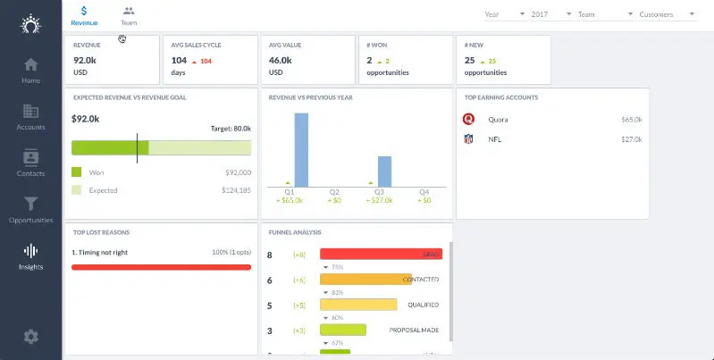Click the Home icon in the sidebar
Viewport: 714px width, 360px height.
point(30,64)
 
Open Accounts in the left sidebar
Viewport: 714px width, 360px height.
point(30,111)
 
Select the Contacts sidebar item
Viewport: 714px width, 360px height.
point(30,157)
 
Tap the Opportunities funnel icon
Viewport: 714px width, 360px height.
point(30,204)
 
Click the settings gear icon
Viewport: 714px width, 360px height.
point(30,336)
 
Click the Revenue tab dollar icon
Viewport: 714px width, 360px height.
point(84,11)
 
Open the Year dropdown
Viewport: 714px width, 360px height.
point(504,14)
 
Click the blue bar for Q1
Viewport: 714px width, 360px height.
point(301,149)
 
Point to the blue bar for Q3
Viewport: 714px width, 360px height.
point(384,171)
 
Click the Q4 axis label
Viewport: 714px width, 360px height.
point(424,191)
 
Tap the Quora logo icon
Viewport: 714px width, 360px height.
point(468,118)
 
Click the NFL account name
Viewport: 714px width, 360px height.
point(494,139)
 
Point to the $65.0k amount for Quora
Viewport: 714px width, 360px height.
point(632,118)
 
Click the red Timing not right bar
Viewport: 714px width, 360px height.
point(161,266)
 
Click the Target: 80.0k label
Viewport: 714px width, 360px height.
point(231,128)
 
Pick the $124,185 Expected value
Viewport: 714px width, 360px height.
point(236,189)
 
